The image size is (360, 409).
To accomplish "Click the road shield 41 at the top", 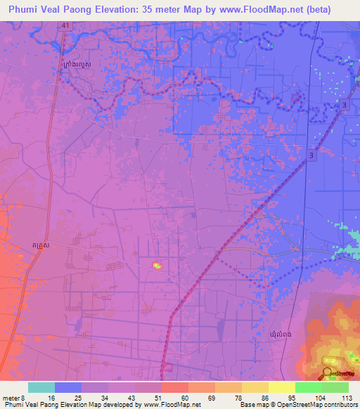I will tap(65, 25).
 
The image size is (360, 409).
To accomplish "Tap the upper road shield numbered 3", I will tap(345, 105).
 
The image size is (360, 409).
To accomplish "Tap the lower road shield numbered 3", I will tap(310, 155).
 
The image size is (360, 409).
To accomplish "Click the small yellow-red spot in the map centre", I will tap(156, 265).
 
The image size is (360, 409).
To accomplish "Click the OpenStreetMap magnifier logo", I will tap(328, 374).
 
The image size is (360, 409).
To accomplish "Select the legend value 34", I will tap(104, 397).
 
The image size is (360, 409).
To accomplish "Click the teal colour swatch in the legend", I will tap(41, 387).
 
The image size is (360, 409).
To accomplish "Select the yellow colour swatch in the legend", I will tap(281, 387).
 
